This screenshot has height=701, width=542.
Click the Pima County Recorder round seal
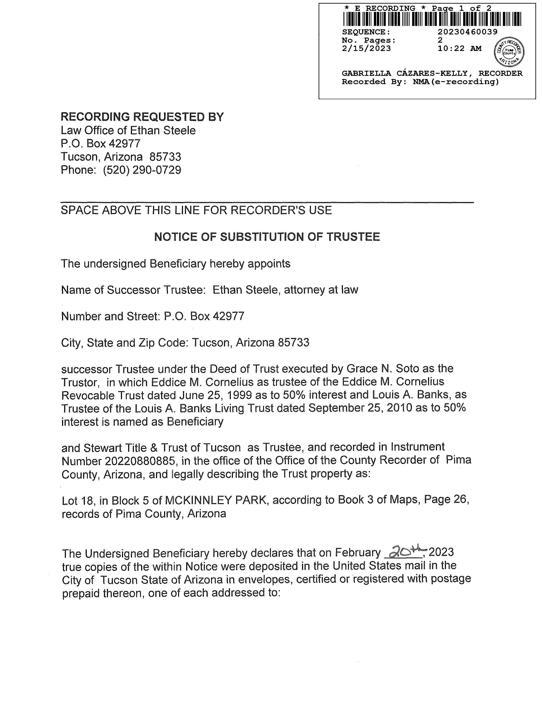509,52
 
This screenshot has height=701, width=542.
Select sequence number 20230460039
468,32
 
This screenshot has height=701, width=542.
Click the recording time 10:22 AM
460,48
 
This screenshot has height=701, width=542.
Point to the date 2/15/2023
366,48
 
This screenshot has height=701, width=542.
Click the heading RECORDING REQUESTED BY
142,117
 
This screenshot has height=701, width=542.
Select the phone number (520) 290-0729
142,170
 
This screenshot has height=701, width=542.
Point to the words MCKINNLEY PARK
216,500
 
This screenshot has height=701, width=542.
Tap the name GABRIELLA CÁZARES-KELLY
404,73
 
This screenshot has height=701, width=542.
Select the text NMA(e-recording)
456,82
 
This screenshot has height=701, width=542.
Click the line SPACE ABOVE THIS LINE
196,210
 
